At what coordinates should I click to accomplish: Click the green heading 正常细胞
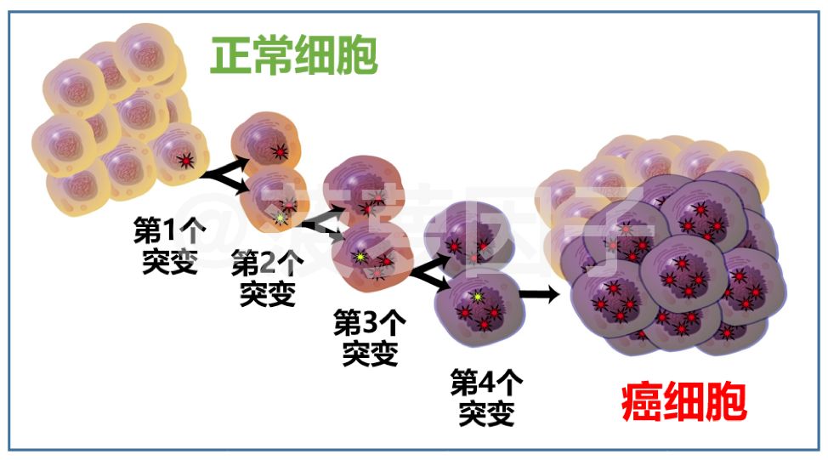point(293,57)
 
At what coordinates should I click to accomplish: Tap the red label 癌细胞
point(684,402)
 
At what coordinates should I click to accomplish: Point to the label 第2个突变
point(268,278)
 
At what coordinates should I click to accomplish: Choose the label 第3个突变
point(370,337)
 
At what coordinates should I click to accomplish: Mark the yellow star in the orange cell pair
point(281,219)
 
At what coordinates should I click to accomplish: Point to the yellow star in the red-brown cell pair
point(360,257)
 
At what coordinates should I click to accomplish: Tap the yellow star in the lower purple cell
point(479,297)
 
